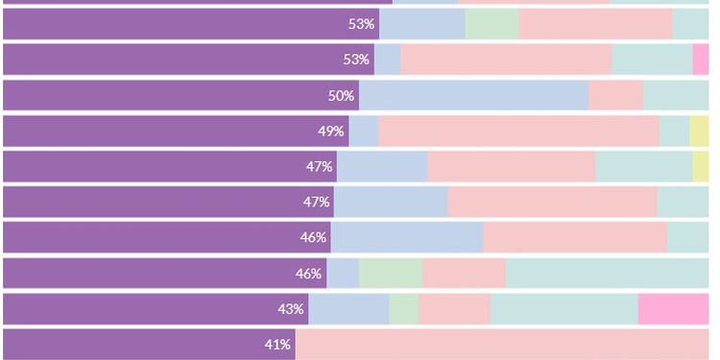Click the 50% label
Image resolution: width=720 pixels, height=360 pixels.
342,95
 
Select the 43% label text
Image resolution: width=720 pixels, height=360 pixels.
291,309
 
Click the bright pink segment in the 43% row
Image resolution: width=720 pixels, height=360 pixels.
673,309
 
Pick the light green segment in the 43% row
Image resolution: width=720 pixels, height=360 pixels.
404,309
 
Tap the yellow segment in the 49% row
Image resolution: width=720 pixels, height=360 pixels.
699,131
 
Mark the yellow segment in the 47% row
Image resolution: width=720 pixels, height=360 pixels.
701,166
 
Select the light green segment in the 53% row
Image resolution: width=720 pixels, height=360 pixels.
492,24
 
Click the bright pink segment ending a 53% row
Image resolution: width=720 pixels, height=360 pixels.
701,60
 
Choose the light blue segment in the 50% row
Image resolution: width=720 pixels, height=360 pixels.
473,95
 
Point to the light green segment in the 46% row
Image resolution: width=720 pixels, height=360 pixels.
391,274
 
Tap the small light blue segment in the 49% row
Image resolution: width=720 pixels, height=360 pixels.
364,131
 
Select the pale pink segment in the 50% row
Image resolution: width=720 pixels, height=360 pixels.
615,95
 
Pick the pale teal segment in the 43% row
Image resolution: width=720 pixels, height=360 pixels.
564,309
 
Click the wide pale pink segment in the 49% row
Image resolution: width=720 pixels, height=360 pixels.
518,131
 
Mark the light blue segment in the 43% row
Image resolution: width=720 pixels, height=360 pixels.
348,309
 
